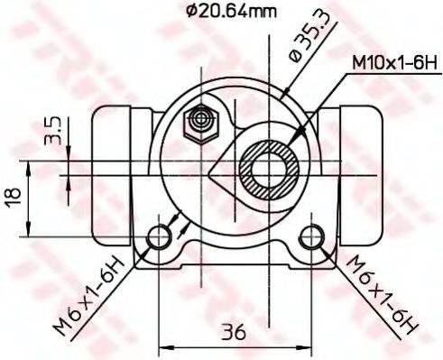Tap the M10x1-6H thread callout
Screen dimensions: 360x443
(392, 64)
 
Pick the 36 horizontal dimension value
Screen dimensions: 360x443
(234, 331)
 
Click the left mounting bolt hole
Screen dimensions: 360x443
(160, 237)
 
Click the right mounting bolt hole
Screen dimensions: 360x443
(311, 237)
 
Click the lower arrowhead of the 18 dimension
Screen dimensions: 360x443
(32, 232)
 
